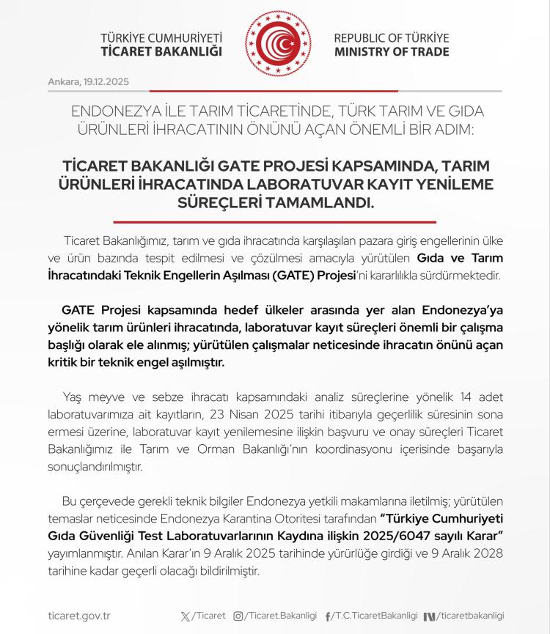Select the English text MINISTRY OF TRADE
coord(392,52)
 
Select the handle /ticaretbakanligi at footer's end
coord(472,616)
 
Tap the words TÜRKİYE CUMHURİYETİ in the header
coord(161,38)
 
